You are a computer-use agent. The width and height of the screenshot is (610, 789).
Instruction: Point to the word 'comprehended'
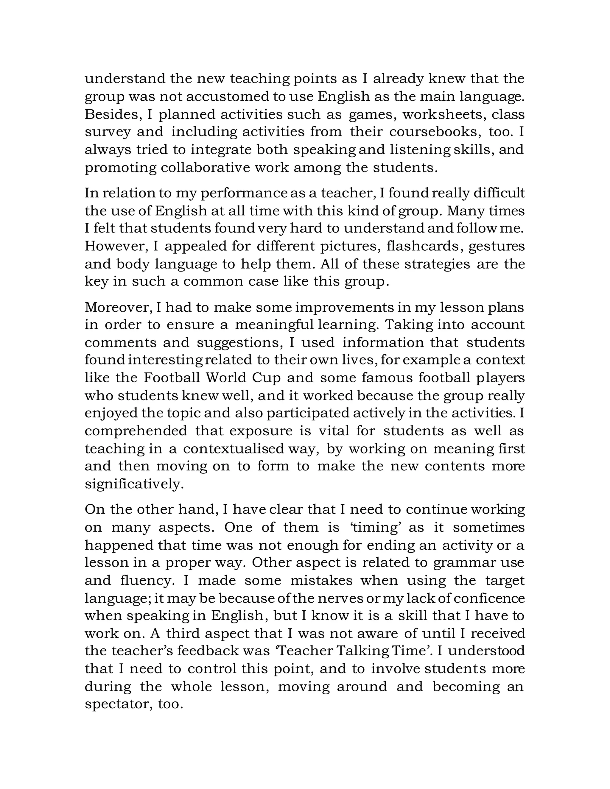coord(136,431)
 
